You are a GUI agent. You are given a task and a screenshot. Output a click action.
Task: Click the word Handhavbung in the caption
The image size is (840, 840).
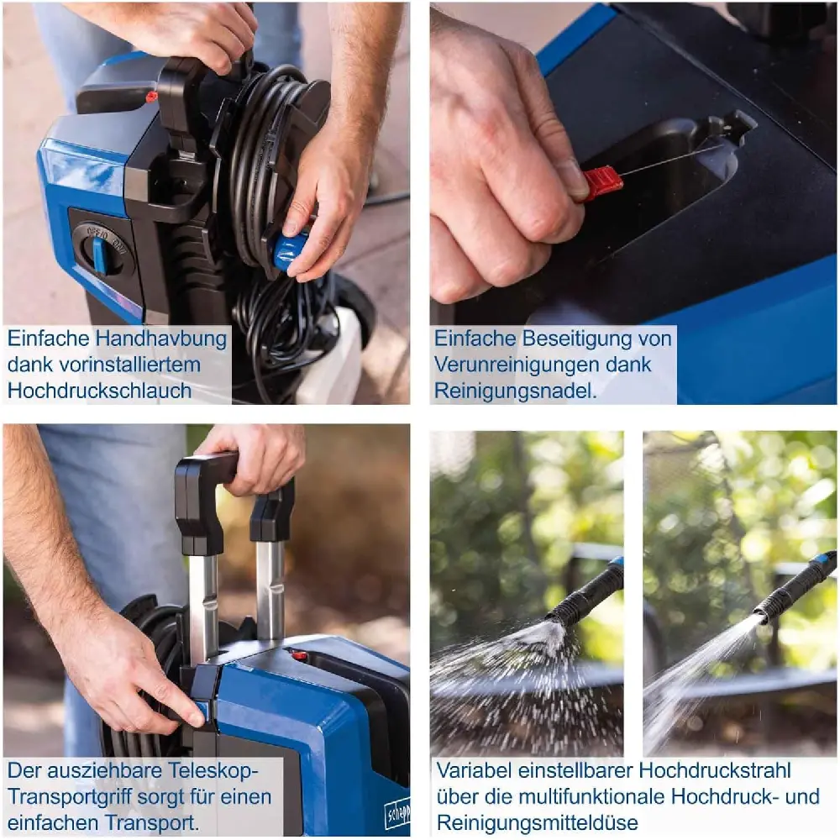point(160,339)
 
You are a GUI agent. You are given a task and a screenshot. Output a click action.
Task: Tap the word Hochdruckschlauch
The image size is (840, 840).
point(99,391)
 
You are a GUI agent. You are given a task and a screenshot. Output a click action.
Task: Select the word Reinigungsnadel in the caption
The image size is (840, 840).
point(514,391)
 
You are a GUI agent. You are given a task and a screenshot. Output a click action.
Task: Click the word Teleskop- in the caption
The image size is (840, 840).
point(213,770)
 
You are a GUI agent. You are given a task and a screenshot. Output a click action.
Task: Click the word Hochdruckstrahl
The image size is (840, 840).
point(715,770)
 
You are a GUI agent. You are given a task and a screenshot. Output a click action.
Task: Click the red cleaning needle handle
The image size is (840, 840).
point(602,182)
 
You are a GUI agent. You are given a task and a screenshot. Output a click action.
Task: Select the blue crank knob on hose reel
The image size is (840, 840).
point(290,250)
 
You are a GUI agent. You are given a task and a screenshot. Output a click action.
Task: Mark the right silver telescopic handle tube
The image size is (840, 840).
point(270,590)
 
